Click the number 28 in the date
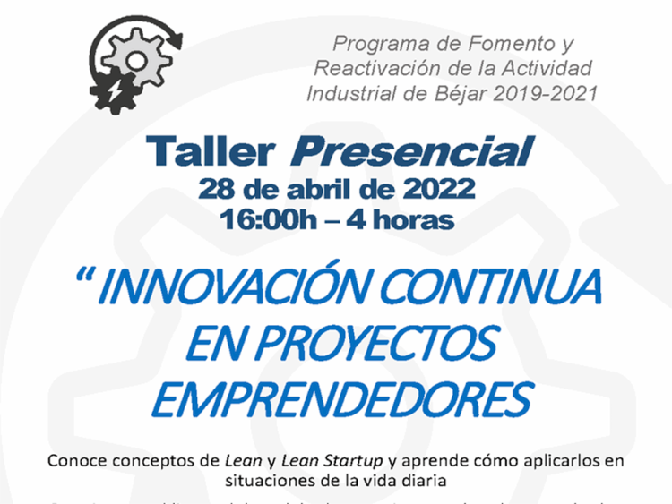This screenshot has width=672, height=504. [x=217, y=190]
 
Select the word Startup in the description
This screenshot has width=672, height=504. [x=351, y=461]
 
